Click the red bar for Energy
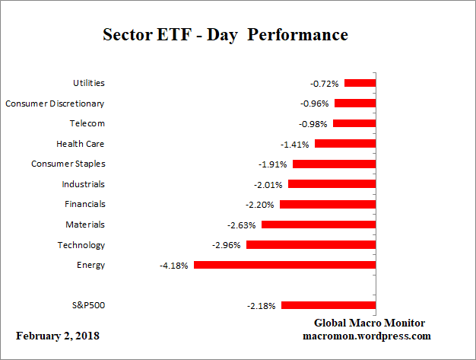[x=285, y=265]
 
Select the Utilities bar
[x=360, y=83]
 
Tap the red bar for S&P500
[x=328, y=305]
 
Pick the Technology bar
[x=311, y=245]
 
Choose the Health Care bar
[x=345, y=143]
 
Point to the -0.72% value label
[x=325, y=83]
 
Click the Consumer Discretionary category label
[x=55, y=104]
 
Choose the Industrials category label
[x=83, y=184]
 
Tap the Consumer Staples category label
[x=68, y=164]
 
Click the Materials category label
[x=85, y=225]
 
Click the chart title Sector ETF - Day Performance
[x=225, y=35]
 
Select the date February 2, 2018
[x=58, y=336]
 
